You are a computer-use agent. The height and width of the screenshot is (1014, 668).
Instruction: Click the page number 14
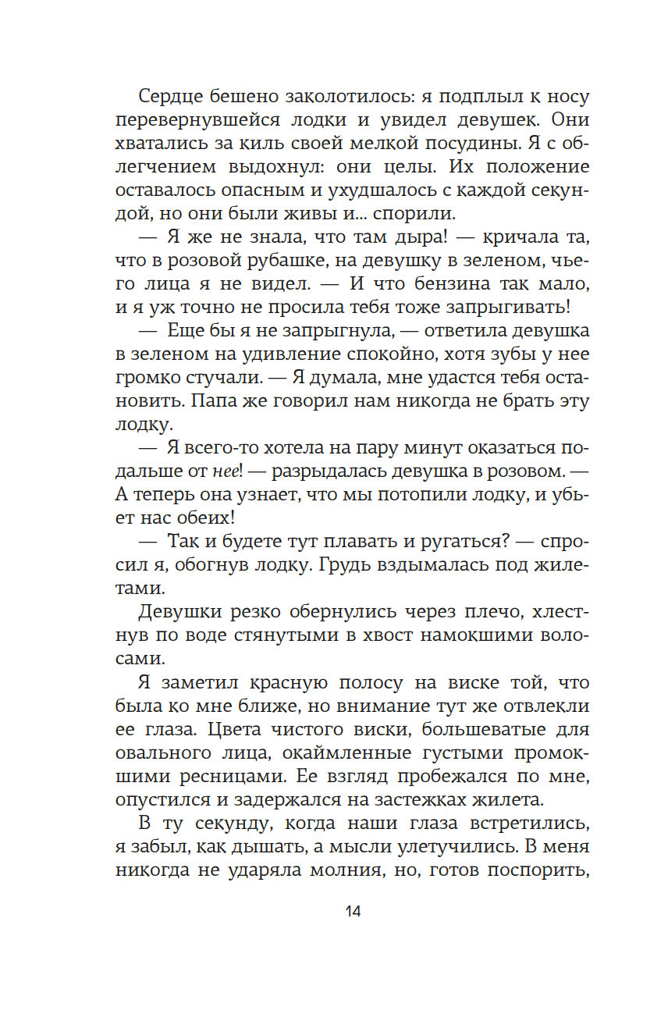(352, 911)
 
